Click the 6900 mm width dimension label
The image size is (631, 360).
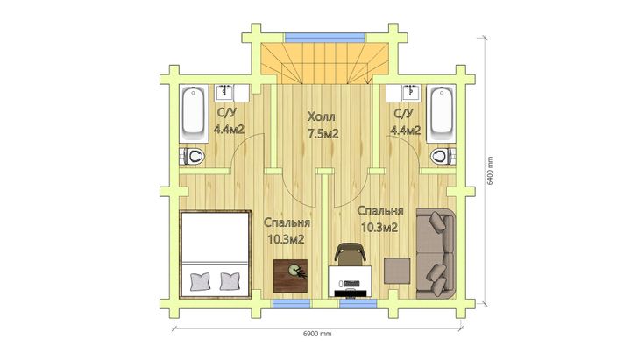[317, 334]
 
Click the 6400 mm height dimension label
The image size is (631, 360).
[490, 171]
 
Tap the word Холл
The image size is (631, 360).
[321, 117]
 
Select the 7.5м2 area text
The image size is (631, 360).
[323, 133]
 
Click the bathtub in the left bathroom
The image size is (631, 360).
[194, 113]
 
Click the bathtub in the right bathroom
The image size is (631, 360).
[441, 113]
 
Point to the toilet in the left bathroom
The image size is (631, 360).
[192, 156]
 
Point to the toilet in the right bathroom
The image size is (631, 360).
[443, 156]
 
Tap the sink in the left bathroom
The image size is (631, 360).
[224, 93]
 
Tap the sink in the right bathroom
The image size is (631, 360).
[411, 93]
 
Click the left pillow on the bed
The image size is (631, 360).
[201, 281]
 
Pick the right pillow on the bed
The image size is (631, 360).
[230, 281]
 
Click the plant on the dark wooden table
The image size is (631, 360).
[297, 272]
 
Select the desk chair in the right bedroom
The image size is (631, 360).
[350, 254]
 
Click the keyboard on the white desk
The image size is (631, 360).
[350, 284]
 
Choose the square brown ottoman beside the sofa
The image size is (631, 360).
[397, 272]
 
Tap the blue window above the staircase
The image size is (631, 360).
[325, 38]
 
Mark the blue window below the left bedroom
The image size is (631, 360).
[291, 303]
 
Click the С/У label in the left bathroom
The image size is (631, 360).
[227, 113]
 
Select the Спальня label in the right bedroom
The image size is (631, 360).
[380, 211]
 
